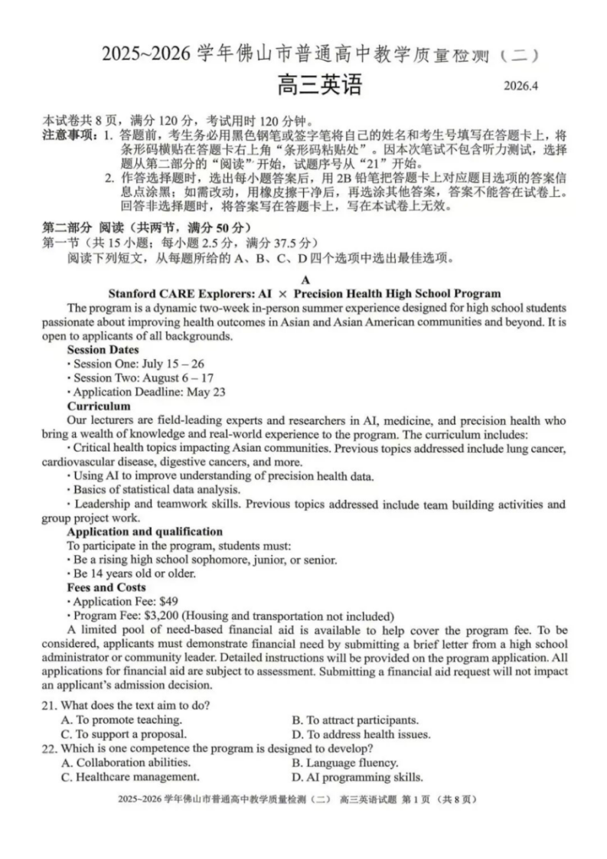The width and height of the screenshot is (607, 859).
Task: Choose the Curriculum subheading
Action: coord(99,406)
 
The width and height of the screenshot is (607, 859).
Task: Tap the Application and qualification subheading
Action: coord(145,531)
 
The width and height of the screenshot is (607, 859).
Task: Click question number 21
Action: coord(51,705)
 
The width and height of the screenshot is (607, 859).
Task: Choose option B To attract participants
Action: coord(355,720)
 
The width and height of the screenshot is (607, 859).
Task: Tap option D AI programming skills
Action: coord(357,777)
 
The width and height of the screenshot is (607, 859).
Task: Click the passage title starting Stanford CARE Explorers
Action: coord(305,293)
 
